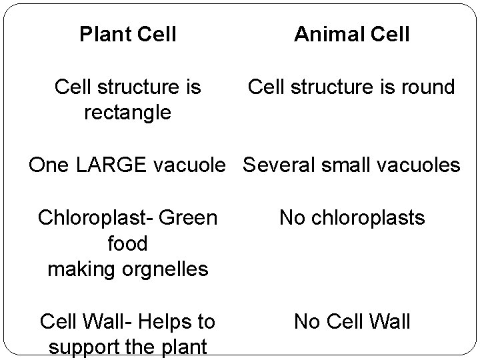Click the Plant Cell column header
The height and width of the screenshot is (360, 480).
(x=127, y=34)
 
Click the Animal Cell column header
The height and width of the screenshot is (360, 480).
(x=351, y=34)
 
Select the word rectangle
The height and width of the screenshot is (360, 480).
(x=127, y=113)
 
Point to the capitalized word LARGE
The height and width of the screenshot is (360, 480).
(x=117, y=164)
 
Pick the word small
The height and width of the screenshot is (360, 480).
(x=345, y=164)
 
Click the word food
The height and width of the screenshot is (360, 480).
(x=127, y=243)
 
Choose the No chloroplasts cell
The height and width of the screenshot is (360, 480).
(x=351, y=217)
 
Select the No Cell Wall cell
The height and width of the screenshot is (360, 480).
(x=351, y=322)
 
